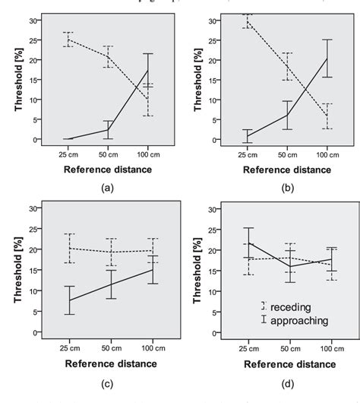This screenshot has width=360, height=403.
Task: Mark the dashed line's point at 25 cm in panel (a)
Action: point(68,40)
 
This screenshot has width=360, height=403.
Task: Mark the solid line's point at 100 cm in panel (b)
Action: point(327,59)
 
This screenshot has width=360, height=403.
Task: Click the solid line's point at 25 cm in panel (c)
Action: point(70,300)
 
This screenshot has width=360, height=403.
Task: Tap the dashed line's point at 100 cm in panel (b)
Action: point(327,116)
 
